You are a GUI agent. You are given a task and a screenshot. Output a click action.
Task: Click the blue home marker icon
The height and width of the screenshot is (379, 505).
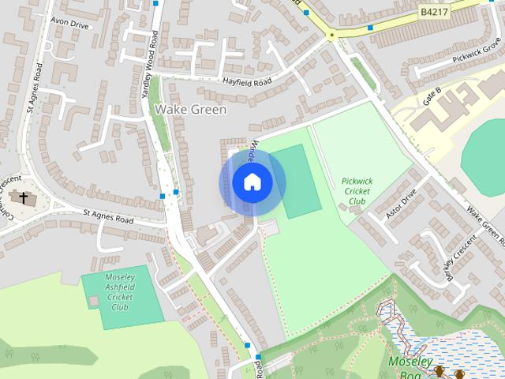click(x=252, y=182)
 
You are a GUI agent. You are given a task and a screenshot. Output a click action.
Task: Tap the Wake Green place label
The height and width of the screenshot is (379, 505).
click(x=190, y=110)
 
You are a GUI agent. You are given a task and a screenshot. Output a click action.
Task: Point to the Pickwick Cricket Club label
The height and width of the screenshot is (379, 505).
click(x=357, y=191)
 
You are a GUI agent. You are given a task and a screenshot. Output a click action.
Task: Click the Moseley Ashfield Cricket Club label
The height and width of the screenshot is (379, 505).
click(x=120, y=292)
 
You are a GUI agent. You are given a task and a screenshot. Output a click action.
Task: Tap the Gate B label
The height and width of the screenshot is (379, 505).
click(x=433, y=95)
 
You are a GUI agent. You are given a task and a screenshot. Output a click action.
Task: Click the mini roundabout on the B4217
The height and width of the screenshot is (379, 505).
click(x=332, y=35)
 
